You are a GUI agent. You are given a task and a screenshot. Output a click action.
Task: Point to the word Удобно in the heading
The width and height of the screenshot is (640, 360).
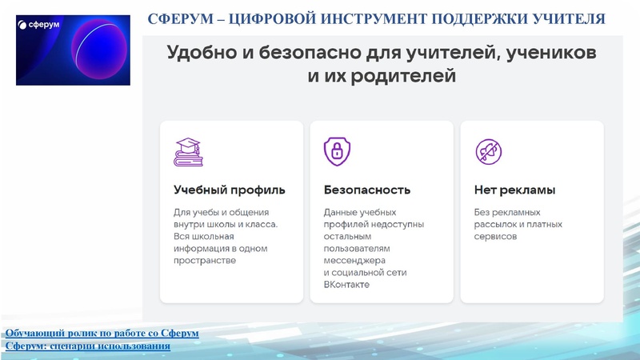click(x=198, y=53)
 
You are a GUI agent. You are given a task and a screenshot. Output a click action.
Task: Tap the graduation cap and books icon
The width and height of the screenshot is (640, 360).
click(x=188, y=151)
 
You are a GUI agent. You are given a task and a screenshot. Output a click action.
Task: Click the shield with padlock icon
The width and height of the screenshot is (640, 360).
click(x=337, y=151)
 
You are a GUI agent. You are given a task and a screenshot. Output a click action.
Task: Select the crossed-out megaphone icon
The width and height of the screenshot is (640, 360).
click(x=487, y=151)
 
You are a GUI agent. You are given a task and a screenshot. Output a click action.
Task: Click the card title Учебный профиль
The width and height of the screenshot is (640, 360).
click(x=229, y=190)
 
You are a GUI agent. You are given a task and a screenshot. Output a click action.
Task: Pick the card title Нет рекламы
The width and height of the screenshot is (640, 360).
click(x=514, y=190)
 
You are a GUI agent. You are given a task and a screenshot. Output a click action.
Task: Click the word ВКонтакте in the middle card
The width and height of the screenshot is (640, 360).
click(x=346, y=284)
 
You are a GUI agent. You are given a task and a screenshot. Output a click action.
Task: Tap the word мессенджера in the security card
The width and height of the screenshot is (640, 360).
click(x=355, y=260)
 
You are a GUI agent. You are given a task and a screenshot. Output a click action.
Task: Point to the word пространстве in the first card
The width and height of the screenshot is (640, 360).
click(x=205, y=260)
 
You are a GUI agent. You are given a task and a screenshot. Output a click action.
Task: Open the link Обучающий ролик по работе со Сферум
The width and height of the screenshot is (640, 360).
click(x=102, y=333)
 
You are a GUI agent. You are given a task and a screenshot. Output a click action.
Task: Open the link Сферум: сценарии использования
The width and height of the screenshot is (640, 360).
click(x=87, y=346)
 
